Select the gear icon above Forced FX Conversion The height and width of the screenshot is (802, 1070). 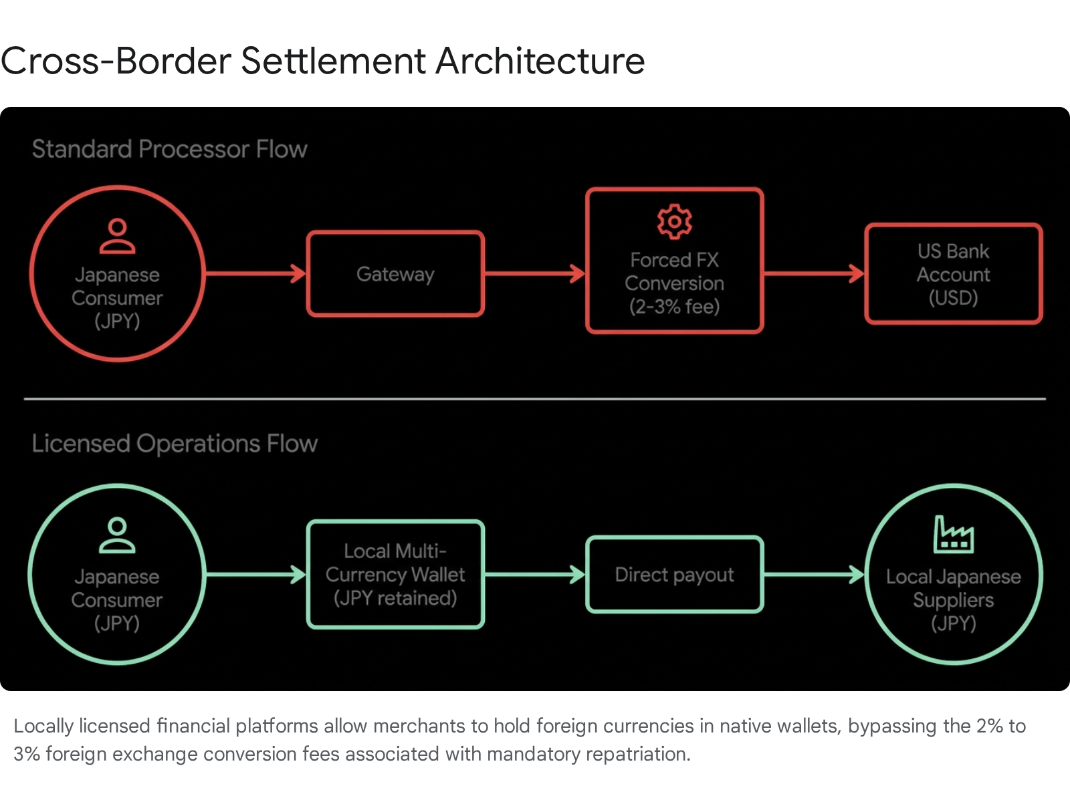[x=674, y=222]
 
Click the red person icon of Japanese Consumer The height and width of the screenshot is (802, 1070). [x=117, y=236]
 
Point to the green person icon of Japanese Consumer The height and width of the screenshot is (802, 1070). [x=117, y=535]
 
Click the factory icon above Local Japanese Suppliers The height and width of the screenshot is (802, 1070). [x=954, y=534]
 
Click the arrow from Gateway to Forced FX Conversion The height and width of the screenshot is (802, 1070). [x=535, y=273]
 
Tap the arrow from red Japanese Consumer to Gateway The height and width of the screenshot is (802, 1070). [x=255, y=273]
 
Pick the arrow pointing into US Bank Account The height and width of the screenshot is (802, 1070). [x=814, y=273]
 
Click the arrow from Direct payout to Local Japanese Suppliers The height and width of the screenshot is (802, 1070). [x=814, y=575]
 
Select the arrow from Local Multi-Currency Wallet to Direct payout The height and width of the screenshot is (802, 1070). [x=535, y=575]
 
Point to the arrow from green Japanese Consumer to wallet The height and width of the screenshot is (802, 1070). [x=255, y=575]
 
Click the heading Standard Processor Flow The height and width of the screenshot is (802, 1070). [x=170, y=149]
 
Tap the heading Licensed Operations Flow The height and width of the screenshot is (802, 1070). [x=175, y=444]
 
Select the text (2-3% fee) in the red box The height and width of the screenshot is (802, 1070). [x=674, y=307]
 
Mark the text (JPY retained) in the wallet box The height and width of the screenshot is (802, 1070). [x=395, y=598]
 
